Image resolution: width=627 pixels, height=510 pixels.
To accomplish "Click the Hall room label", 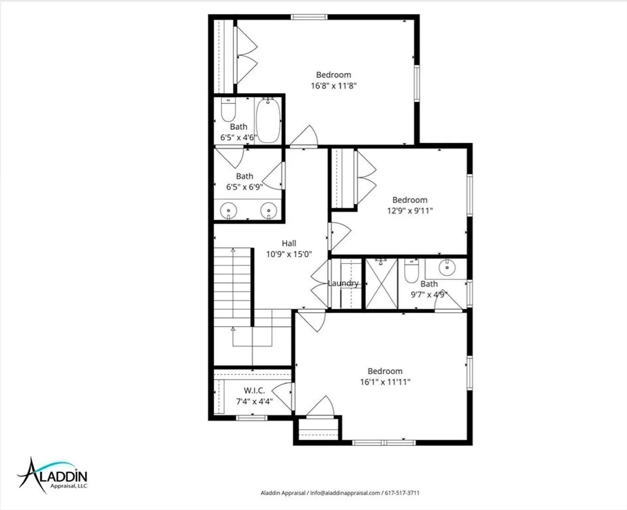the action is [x=289, y=243].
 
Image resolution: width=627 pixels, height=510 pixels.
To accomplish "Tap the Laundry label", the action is [x=343, y=283].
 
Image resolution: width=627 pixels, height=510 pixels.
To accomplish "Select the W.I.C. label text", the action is [x=254, y=391].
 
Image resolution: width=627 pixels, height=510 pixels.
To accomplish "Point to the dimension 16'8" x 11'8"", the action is [x=334, y=86].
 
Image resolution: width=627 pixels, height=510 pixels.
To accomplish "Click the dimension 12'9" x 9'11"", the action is [x=410, y=211].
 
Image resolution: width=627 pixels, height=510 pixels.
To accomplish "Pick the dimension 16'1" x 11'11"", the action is [x=385, y=382].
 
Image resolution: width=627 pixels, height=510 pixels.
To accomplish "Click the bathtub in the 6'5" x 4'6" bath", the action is [x=268, y=120].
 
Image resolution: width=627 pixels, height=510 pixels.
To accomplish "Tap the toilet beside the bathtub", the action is [x=228, y=110].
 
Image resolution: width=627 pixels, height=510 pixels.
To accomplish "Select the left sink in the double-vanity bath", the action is [x=228, y=211].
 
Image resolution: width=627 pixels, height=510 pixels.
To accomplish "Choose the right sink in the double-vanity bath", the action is [x=269, y=211].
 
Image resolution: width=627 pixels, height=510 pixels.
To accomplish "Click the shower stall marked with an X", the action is [x=382, y=284].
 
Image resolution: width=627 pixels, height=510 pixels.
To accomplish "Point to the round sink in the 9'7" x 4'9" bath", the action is [x=447, y=268].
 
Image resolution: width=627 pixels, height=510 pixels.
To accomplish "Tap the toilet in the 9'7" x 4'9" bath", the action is [x=411, y=271].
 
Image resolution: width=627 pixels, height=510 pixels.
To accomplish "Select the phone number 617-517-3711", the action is [x=402, y=493].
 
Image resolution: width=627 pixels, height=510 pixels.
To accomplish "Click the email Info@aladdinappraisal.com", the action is [x=345, y=493].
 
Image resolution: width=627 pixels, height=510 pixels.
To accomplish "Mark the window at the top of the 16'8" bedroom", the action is [x=309, y=17].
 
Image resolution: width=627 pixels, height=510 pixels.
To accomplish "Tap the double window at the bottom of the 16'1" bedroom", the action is [x=384, y=442].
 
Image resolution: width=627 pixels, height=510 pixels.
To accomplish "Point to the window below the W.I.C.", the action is [x=251, y=418].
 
